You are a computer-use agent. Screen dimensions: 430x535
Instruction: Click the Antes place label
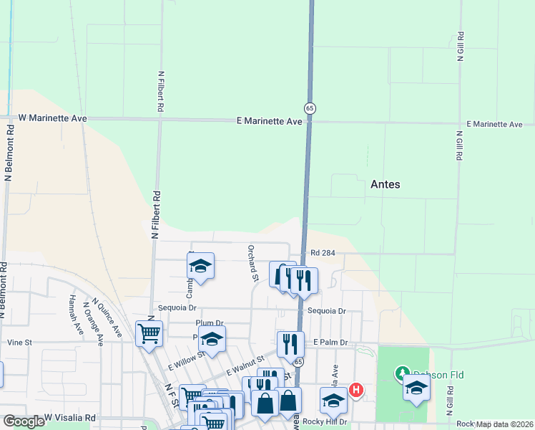point(385,184)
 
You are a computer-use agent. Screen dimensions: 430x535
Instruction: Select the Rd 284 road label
point(323,253)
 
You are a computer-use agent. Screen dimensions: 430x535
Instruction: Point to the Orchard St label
point(252,262)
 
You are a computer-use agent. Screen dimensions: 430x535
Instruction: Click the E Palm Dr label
point(330,343)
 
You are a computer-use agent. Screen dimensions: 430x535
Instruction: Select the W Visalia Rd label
point(70,417)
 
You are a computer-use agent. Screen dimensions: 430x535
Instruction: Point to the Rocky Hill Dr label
point(324,422)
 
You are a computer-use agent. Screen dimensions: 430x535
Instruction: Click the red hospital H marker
point(356,391)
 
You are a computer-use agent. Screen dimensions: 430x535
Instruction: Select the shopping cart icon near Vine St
point(149,333)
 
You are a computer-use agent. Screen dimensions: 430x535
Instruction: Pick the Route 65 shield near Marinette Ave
point(310,108)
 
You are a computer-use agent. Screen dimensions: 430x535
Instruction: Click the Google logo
point(24,421)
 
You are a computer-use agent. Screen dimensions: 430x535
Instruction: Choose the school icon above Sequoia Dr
point(201,267)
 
